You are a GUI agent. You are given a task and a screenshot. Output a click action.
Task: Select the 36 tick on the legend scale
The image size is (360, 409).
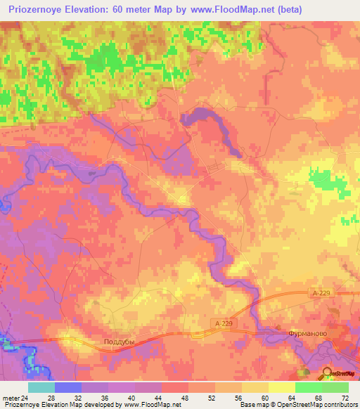tap(107, 397)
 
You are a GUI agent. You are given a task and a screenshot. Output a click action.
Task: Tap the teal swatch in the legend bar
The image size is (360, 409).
tap(41, 387)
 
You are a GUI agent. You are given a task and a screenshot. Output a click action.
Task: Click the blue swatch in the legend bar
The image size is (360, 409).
tap(67, 387)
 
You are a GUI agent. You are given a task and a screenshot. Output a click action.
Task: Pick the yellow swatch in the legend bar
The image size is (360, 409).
tap(281, 387)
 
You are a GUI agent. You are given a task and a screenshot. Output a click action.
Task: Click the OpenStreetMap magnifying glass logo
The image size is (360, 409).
tap(328, 373)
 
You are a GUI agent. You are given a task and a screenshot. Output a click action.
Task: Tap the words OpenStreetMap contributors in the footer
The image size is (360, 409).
tap(323, 405)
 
